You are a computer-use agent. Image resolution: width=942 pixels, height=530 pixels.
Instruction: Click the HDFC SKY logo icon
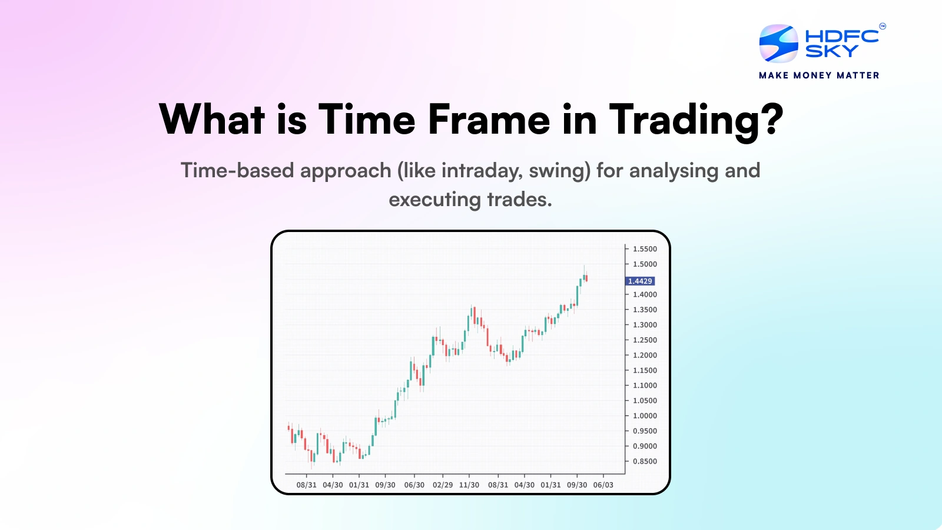click(x=778, y=44)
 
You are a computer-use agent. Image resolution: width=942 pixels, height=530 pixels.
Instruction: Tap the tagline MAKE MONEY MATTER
click(x=819, y=75)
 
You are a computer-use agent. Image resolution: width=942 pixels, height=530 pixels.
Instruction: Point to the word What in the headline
click(x=212, y=120)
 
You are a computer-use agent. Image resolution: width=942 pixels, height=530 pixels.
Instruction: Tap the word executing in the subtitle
click(x=434, y=200)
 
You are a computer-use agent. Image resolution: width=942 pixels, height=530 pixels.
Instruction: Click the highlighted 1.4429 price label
click(x=640, y=281)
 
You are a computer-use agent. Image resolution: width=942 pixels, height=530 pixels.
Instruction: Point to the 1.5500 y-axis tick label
click(x=645, y=249)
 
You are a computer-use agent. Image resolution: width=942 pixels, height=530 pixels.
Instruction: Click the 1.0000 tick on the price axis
click(x=645, y=416)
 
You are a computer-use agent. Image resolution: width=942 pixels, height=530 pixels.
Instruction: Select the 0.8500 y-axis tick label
click(x=645, y=461)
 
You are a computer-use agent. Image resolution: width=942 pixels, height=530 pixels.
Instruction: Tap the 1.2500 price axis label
click(x=645, y=340)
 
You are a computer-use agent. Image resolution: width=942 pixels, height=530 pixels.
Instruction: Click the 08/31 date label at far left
click(x=306, y=485)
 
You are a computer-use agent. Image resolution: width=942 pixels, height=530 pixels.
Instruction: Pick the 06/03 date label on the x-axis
click(x=603, y=485)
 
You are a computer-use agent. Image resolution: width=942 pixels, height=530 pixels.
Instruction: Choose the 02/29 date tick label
click(x=443, y=485)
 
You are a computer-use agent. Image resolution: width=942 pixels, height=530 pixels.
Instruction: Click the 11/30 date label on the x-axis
click(x=469, y=485)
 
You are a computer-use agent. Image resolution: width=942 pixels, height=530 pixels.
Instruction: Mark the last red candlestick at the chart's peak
click(x=586, y=278)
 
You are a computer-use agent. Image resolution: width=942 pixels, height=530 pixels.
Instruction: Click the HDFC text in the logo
click(x=842, y=36)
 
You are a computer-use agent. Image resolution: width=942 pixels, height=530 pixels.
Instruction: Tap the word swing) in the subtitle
click(x=559, y=171)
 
